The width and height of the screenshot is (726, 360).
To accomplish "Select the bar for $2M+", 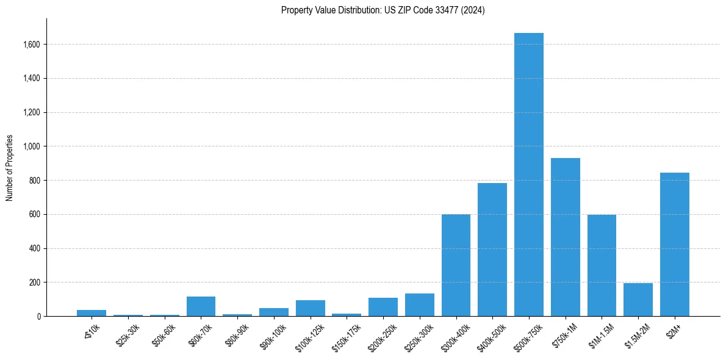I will (674, 244).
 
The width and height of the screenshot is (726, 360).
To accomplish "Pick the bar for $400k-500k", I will (492, 250).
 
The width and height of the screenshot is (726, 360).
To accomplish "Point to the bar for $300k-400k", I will (456, 265).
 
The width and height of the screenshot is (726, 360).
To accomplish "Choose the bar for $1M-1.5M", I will (602, 265).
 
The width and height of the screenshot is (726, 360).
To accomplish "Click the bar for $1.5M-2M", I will (638, 300).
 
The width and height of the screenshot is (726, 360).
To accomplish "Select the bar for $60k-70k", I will (201, 306).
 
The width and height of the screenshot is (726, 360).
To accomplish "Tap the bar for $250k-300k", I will (419, 305).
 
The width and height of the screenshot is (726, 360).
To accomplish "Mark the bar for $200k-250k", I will (383, 307).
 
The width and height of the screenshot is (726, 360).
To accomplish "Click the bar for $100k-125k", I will (310, 308).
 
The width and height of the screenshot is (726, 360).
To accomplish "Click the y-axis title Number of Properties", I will (10, 167).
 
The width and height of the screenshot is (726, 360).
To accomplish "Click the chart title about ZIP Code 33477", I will (383, 10).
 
